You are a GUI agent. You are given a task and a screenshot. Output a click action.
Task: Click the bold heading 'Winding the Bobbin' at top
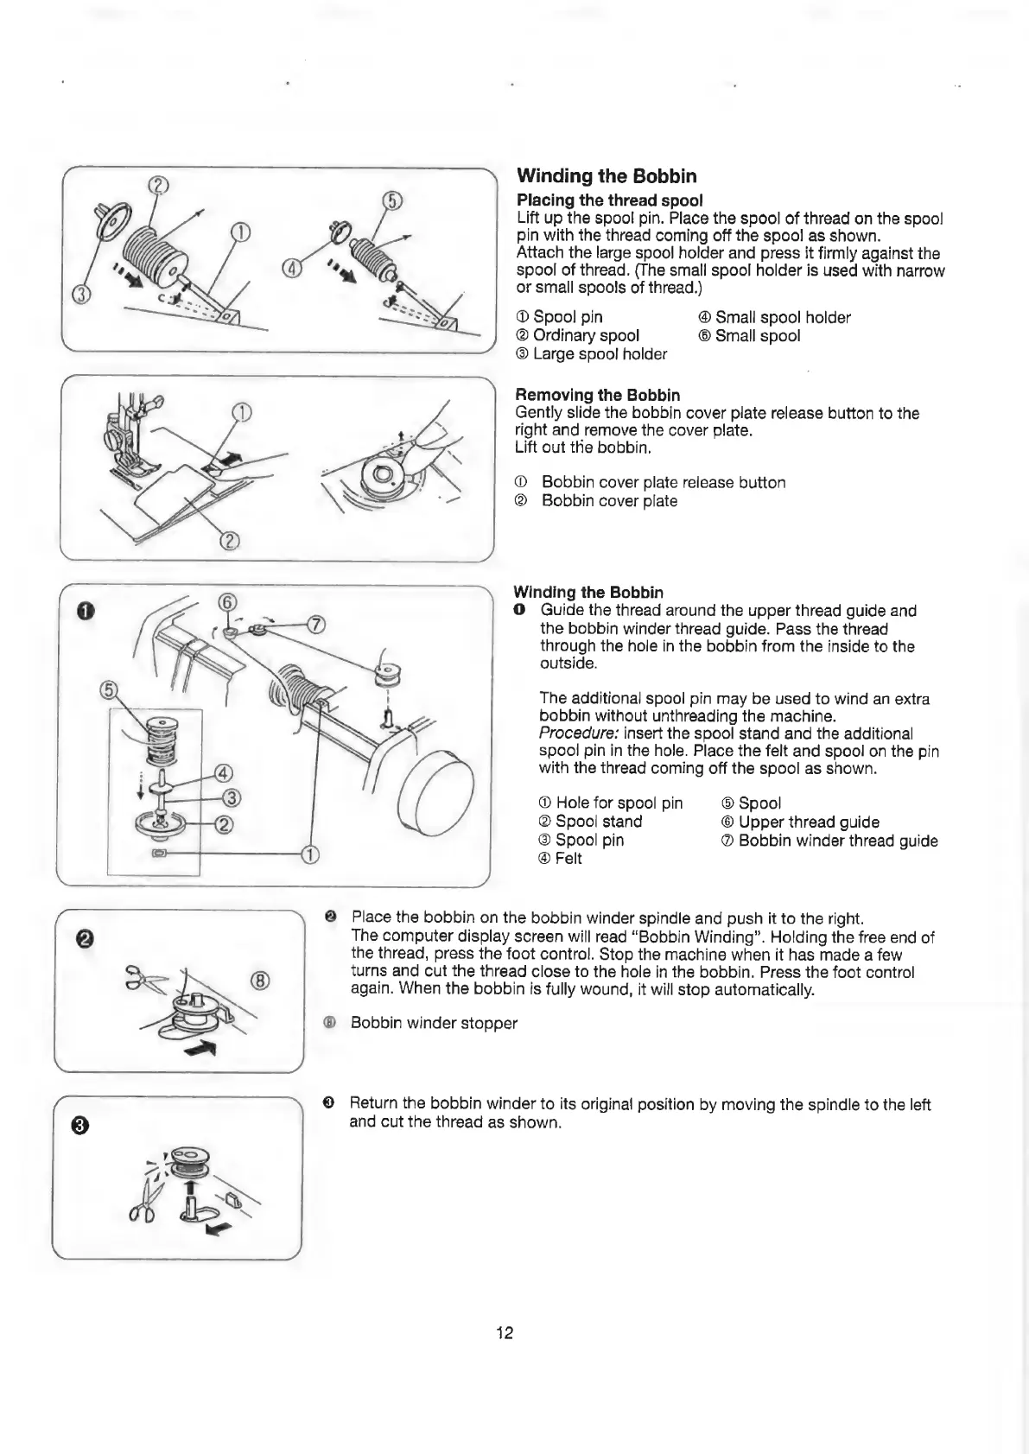point(606,176)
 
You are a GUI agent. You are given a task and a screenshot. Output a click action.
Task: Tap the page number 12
point(505,1332)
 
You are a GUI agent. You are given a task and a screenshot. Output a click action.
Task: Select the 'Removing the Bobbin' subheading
point(597,395)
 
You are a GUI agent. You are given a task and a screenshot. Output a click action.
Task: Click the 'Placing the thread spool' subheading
point(609,200)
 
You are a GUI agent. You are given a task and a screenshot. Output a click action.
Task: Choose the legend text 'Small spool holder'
point(782,318)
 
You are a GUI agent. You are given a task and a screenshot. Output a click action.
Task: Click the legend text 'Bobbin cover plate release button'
point(663,483)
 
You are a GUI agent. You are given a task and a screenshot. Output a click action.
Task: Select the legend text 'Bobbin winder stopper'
point(434,1023)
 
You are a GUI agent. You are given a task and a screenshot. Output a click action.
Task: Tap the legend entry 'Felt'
point(568,859)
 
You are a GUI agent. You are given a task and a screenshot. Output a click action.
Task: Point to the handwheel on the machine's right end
point(435,799)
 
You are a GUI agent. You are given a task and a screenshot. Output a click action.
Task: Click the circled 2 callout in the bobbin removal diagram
point(230,541)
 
